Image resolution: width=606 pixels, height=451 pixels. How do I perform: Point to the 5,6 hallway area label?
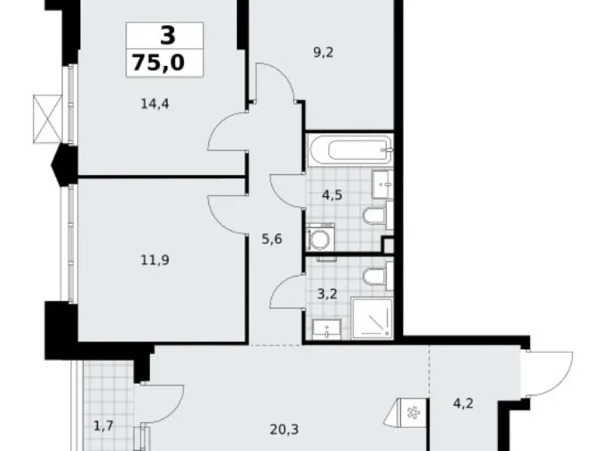click(272, 239)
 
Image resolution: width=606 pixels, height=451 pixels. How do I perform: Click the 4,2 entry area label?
click(465, 404)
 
